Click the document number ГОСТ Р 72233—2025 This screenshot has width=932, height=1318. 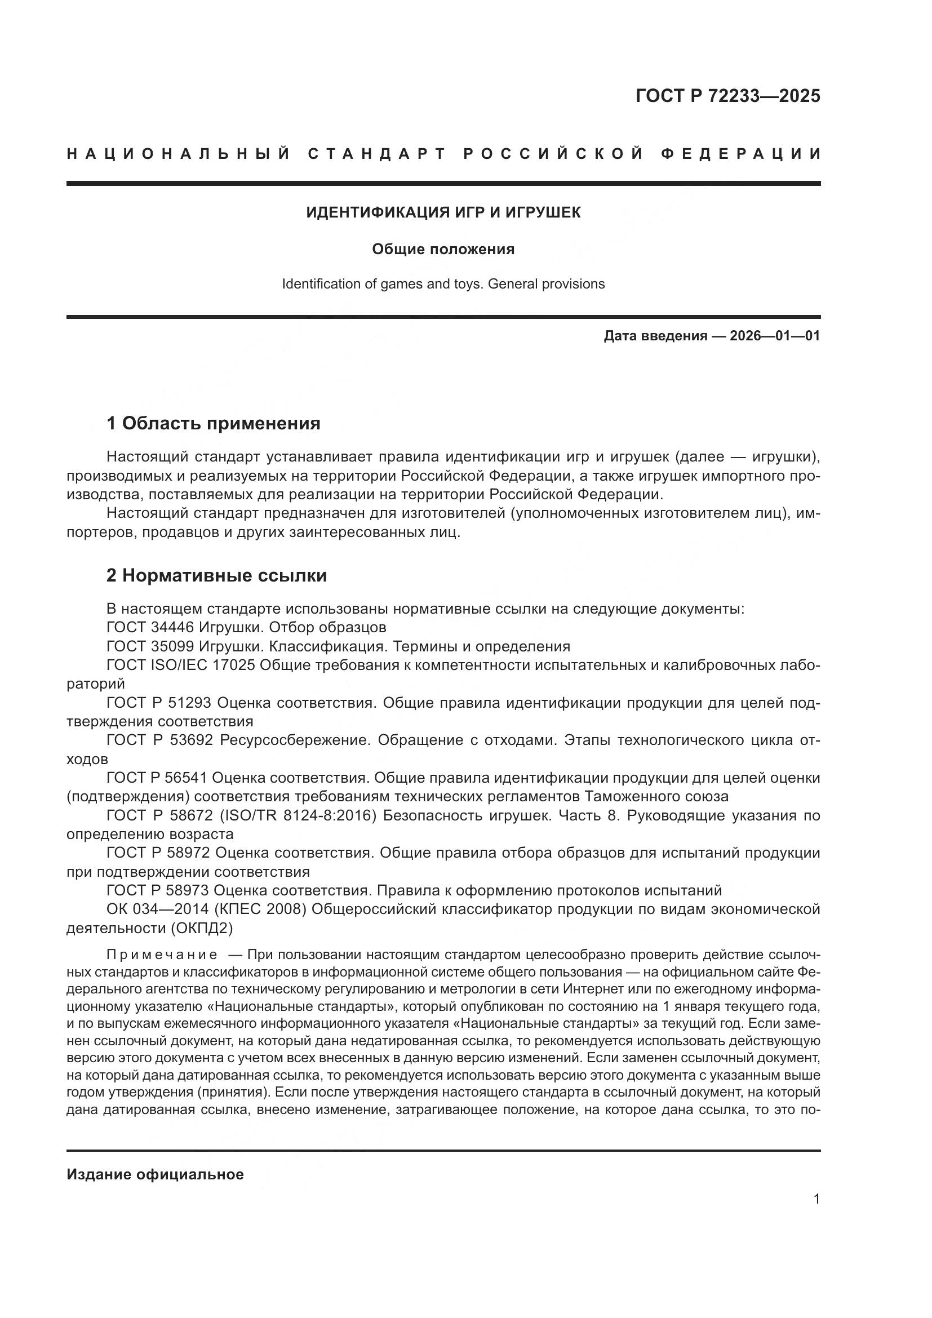[x=727, y=96]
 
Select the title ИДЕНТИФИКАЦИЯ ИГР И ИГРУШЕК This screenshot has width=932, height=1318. [x=443, y=212]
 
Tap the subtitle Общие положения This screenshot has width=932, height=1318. [x=443, y=249]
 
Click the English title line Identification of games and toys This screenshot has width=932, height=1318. [x=443, y=284]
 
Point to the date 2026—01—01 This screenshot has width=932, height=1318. [x=775, y=336]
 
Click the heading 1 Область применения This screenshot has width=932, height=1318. [x=214, y=424]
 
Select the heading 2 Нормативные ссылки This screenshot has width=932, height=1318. [x=216, y=576]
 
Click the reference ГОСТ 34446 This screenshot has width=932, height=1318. [x=150, y=627]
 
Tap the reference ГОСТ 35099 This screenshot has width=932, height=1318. [x=150, y=646]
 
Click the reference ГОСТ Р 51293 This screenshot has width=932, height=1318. [x=159, y=703]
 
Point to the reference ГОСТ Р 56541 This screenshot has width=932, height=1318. [x=158, y=778]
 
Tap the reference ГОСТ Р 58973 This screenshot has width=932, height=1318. [x=159, y=890]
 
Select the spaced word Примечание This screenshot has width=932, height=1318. [x=162, y=955]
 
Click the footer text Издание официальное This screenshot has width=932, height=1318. [x=155, y=1174]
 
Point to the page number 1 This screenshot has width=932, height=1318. [x=816, y=1199]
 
